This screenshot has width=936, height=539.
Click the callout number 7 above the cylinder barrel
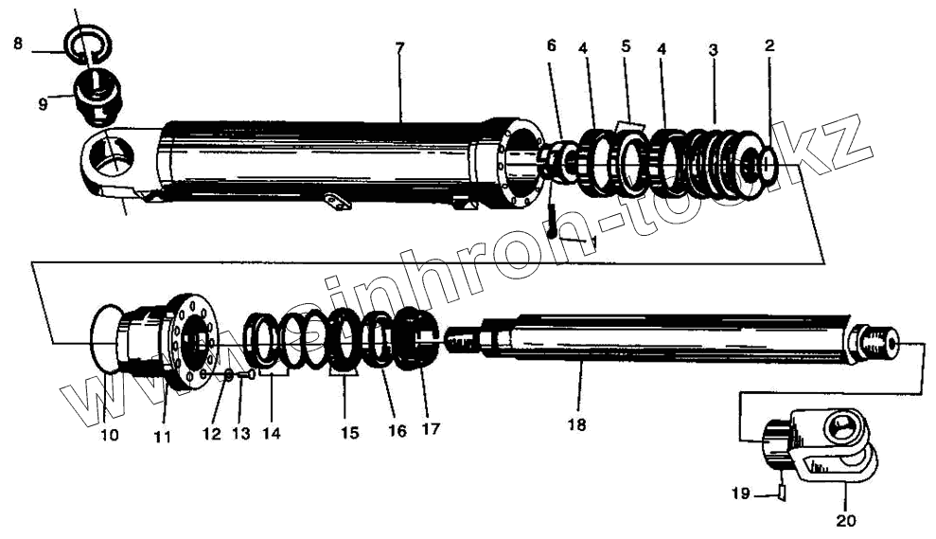(x=400, y=47)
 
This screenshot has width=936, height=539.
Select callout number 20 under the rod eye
(x=844, y=518)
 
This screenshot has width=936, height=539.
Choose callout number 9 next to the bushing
(x=43, y=104)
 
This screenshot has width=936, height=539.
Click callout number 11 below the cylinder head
(x=162, y=436)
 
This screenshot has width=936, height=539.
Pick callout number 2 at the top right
(x=769, y=45)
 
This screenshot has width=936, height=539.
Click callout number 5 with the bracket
(x=626, y=45)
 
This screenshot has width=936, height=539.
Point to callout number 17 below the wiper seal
(x=431, y=428)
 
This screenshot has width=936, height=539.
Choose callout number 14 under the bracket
(x=272, y=433)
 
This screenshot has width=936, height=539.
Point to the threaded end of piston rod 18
(x=880, y=344)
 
